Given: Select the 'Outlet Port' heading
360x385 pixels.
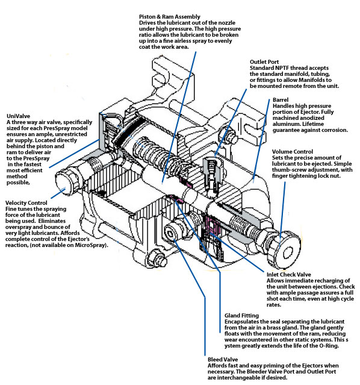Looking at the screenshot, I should coord(266,61).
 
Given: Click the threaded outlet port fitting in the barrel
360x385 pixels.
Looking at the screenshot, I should coord(211,172).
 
